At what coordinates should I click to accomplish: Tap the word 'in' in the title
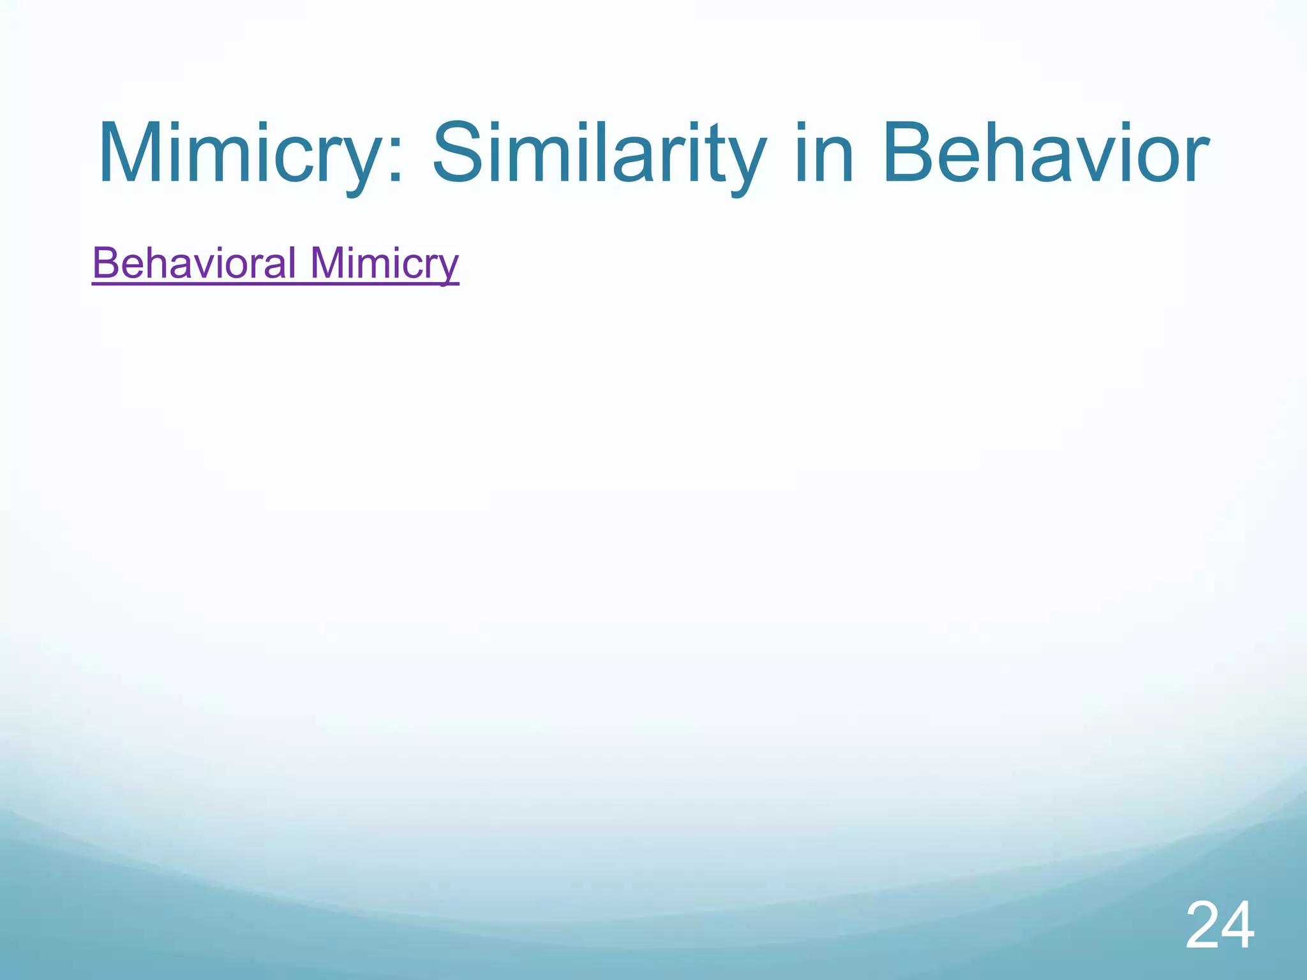(824, 155)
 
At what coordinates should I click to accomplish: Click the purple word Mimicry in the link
(384, 263)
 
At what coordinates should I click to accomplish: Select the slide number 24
(1220, 926)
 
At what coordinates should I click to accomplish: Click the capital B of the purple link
(106, 263)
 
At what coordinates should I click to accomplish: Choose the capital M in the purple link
(327, 263)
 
